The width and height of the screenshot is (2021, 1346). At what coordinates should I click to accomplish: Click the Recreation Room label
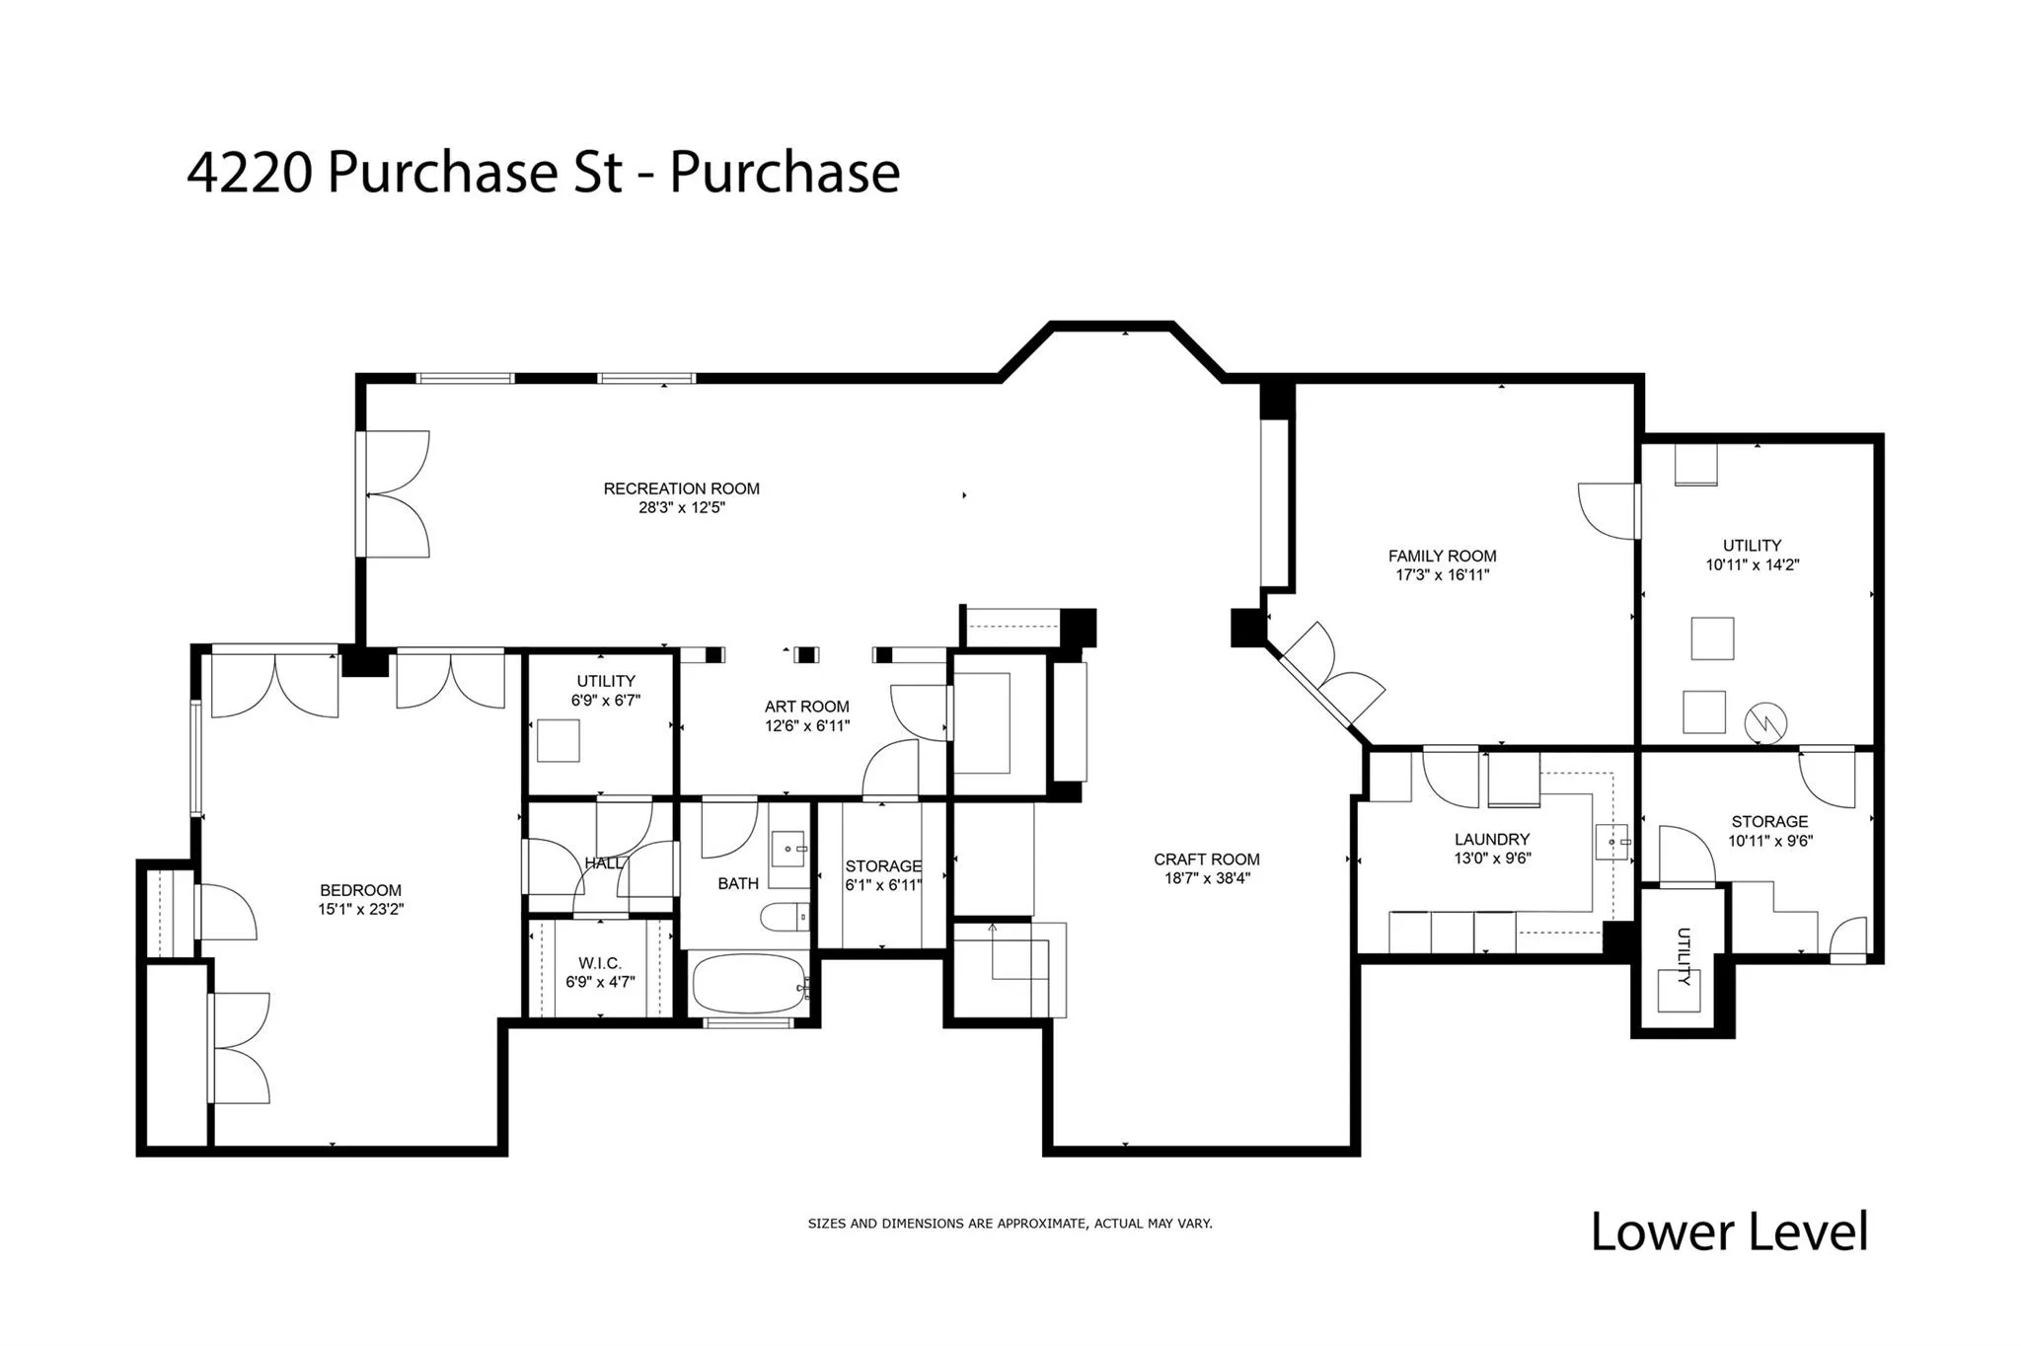tap(681, 488)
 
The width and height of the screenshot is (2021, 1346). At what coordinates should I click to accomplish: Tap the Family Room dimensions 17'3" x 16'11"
tap(1442, 575)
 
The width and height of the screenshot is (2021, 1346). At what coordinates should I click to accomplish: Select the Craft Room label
tap(1206, 860)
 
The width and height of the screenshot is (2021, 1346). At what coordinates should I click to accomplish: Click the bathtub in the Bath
tap(748, 984)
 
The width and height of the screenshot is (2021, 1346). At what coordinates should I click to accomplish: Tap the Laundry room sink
tap(1611, 842)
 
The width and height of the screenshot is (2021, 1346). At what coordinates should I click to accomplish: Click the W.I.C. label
tap(600, 963)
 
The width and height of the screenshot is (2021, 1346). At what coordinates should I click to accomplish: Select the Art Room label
tap(806, 707)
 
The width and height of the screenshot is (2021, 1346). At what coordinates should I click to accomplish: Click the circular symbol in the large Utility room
tap(1765, 723)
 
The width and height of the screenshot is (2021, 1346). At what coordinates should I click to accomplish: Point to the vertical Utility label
tap(1684, 956)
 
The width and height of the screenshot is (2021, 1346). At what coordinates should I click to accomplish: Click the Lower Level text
tap(1729, 1233)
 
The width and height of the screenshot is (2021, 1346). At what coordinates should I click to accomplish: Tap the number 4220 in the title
tap(250, 173)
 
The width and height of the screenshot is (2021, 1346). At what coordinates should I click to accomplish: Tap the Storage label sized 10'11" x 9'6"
tap(1769, 822)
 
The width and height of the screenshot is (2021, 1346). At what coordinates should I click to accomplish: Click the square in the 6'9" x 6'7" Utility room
tap(558, 741)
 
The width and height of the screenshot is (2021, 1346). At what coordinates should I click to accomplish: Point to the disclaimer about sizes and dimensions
tap(1010, 1224)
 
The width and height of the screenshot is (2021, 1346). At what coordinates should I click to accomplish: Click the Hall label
tap(603, 863)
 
